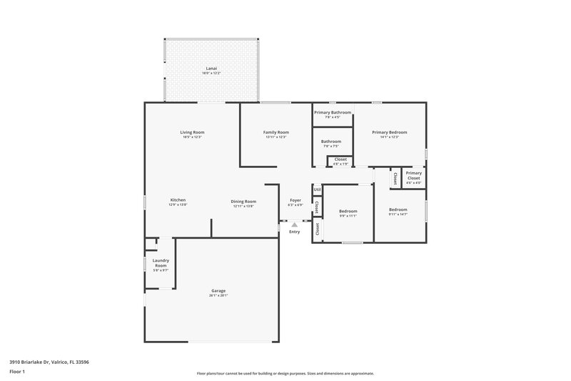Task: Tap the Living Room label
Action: click(x=192, y=132)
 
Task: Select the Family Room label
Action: click(x=276, y=132)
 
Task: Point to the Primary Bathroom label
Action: click(x=333, y=112)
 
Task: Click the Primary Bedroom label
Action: click(x=389, y=132)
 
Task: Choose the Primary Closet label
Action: click(x=413, y=175)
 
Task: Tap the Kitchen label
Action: click(x=178, y=200)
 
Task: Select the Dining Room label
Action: click(x=243, y=202)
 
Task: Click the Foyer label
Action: click(x=295, y=200)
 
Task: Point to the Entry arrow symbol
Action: click(x=294, y=224)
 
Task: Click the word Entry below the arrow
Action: click(x=294, y=232)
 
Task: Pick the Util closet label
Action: click(x=317, y=189)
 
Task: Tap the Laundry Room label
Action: click(x=160, y=263)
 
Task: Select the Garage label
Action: click(x=218, y=290)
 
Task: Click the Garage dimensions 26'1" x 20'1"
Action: click(x=218, y=295)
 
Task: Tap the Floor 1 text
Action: click(x=17, y=372)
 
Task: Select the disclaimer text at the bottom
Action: click(x=285, y=373)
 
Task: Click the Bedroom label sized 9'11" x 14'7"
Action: click(x=398, y=209)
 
